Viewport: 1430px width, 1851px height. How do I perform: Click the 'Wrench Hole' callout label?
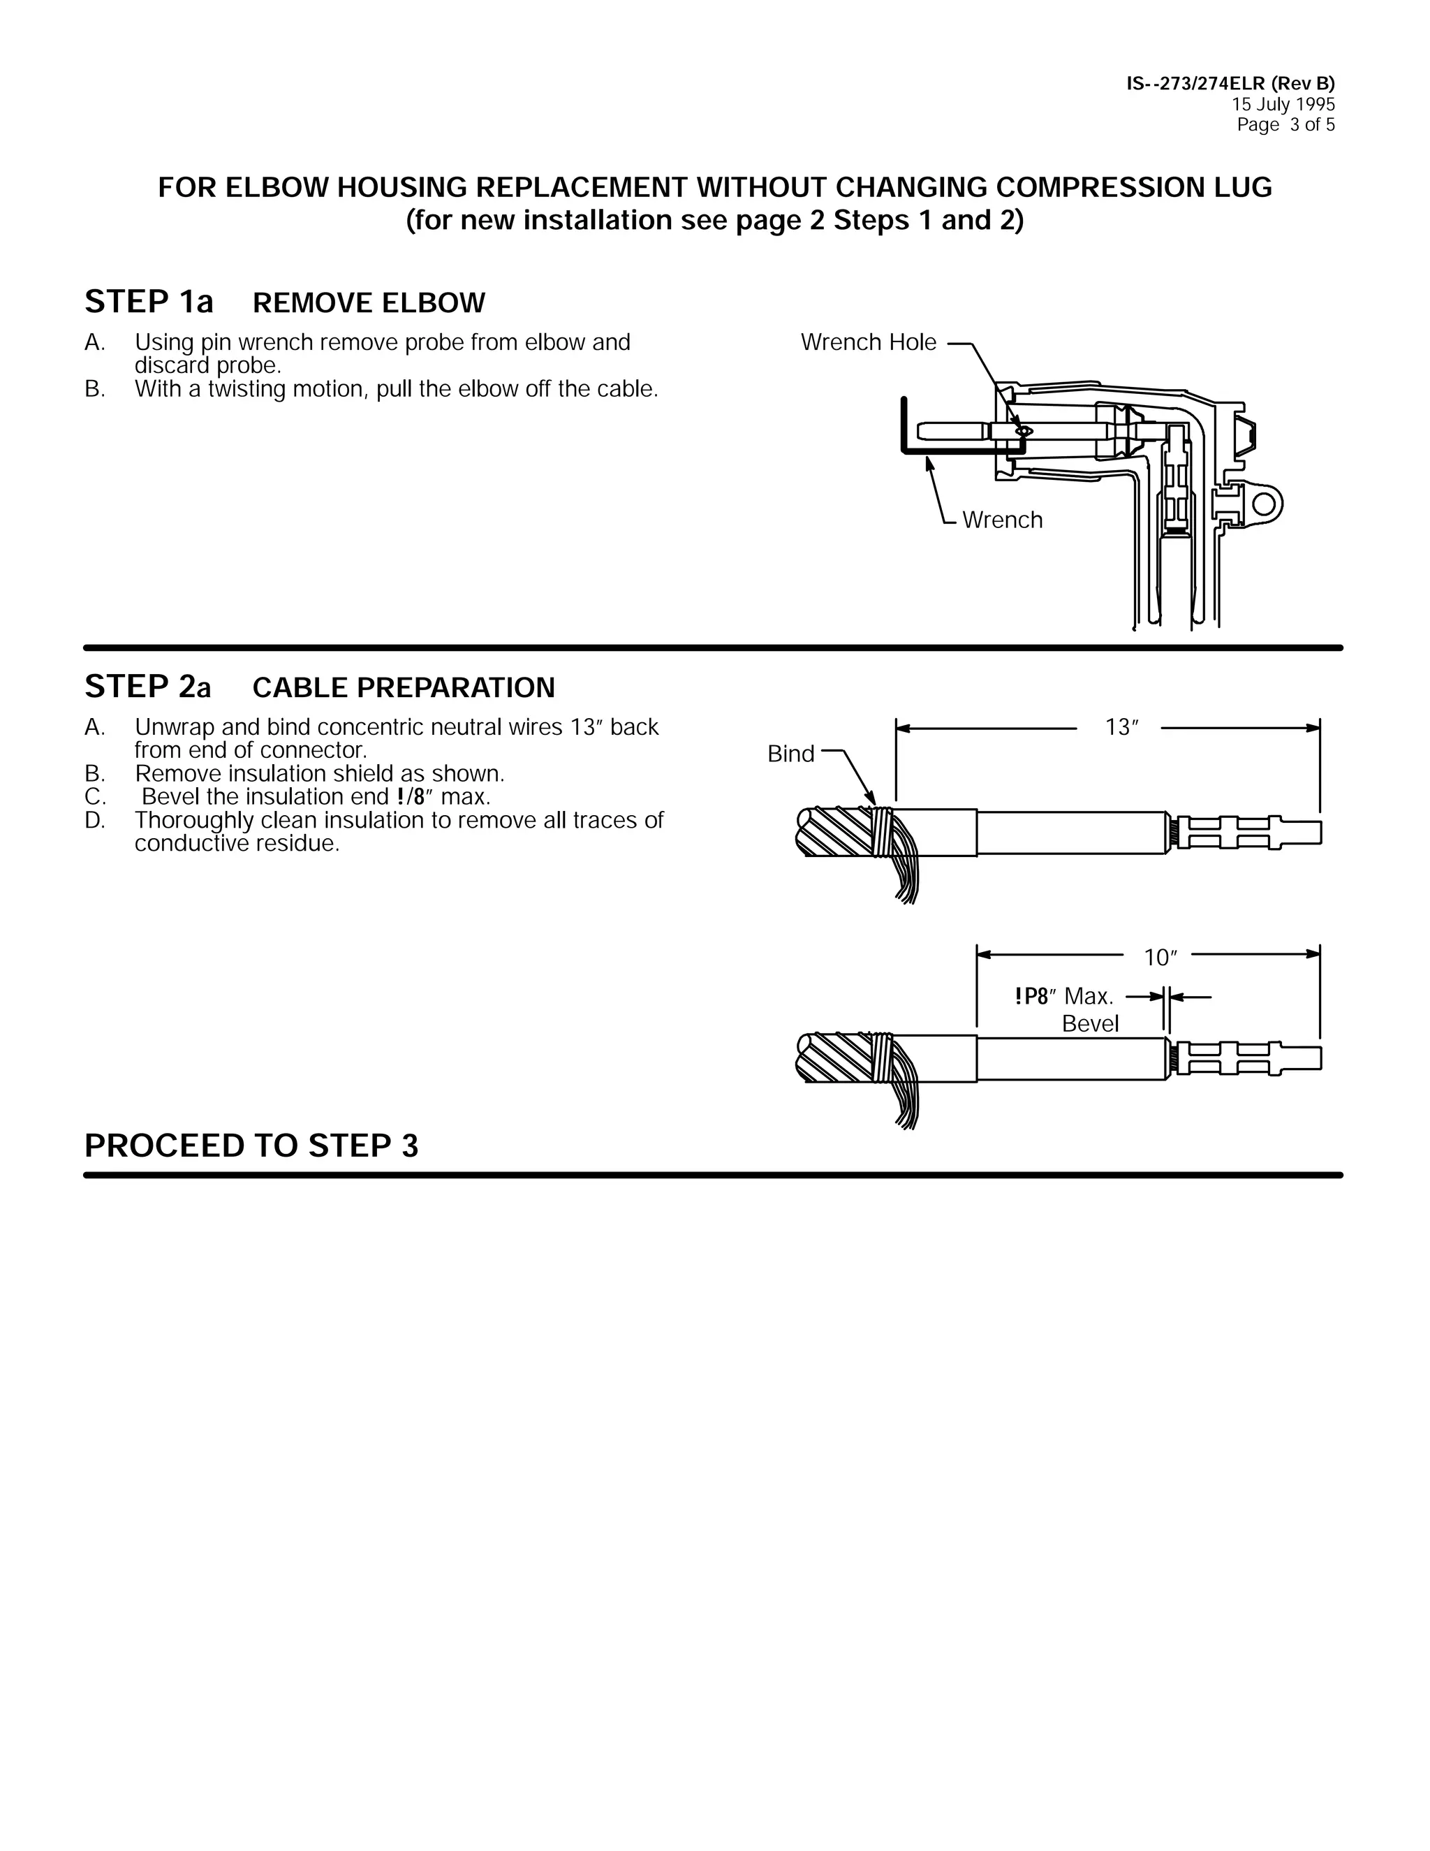click(869, 342)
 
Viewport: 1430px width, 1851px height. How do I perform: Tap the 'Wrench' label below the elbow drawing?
click(1002, 520)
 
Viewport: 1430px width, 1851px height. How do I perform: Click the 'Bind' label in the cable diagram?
click(790, 754)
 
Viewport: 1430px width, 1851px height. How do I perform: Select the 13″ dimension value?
click(1121, 727)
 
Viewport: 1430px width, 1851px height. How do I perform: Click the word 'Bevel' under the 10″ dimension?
click(1090, 1024)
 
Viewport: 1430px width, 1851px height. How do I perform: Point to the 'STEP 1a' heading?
click(149, 302)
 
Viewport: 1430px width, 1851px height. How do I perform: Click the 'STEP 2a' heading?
click(148, 687)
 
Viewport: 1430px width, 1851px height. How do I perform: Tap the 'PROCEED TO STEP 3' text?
click(251, 1146)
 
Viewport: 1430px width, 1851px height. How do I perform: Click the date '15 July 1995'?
click(1283, 104)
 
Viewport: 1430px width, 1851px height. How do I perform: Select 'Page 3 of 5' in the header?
click(1285, 124)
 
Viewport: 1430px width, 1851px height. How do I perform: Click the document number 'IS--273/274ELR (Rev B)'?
click(1230, 83)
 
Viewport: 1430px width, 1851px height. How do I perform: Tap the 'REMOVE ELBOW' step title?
click(369, 302)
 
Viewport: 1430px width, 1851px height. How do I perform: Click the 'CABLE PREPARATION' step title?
click(404, 687)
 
